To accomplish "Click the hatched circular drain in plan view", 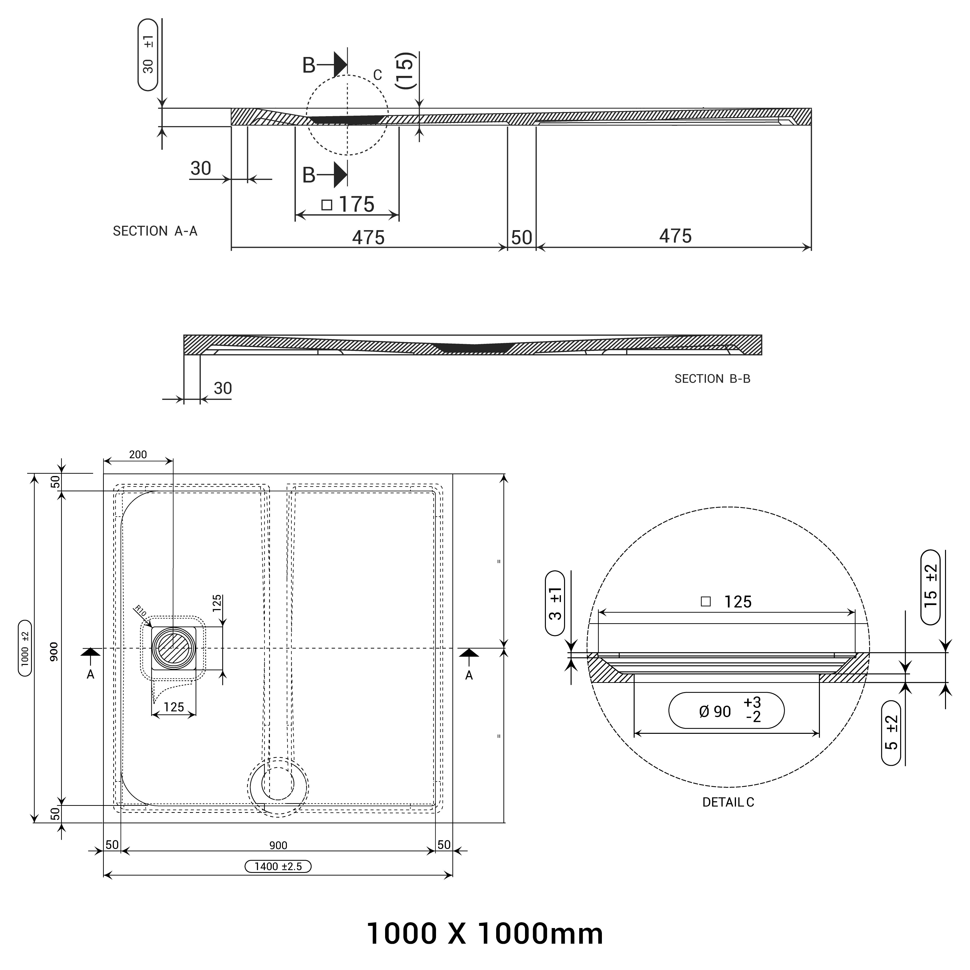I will [x=173, y=649].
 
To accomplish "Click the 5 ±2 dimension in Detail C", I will [x=891, y=733].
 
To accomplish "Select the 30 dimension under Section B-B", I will [x=222, y=388].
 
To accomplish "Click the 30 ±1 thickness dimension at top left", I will [x=148, y=55].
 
